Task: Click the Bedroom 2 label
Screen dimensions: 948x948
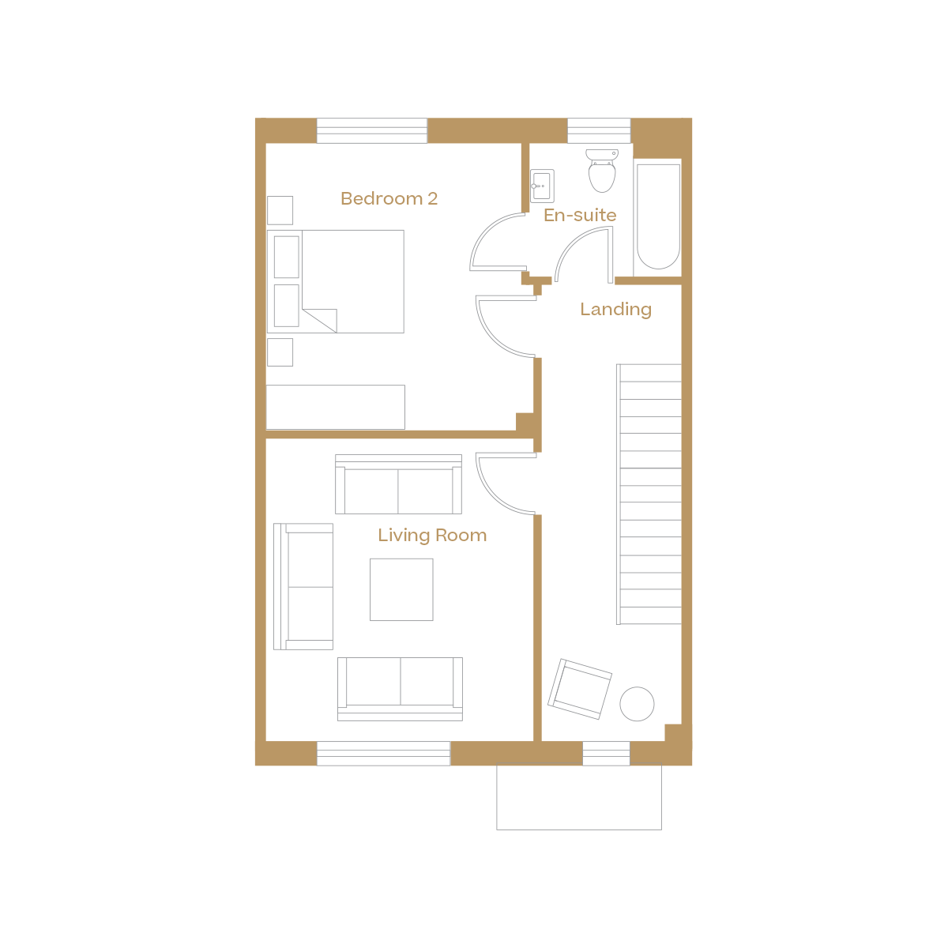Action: coord(389,198)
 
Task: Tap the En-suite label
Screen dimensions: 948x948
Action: coord(580,215)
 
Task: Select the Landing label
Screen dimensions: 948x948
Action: coord(615,309)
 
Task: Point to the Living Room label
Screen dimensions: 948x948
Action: coord(432,535)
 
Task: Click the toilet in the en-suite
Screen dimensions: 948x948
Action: coord(602,171)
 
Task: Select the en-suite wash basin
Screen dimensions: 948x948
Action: coord(542,186)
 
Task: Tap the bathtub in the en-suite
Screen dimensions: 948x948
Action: coord(658,216)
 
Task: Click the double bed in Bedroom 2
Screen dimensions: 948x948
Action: coord(348,281)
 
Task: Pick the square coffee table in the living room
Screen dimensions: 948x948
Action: coord(401,589)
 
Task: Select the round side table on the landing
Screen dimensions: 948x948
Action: coord(637,703)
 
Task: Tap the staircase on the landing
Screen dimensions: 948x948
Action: coord(649,494)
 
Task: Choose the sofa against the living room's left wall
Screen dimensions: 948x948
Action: coord(303,586)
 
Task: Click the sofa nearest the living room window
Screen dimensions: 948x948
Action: coord(400,687)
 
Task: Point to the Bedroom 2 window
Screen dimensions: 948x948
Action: coord(371,130)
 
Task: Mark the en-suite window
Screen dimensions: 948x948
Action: coord(599,130)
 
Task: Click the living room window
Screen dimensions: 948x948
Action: coord(383,754)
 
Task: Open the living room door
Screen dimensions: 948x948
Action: coord(506,483)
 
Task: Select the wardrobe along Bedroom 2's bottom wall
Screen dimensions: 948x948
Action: coord(336,407)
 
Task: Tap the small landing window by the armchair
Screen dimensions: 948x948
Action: coord(606,754)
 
